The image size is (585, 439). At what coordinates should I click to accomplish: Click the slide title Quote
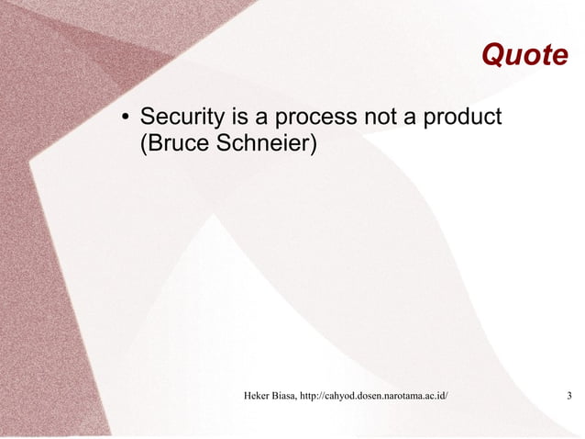[x=524, y=56]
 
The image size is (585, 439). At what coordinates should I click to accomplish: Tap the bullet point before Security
[x=125, y=118]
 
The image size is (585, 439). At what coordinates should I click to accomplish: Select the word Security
[x=179, y=118]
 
